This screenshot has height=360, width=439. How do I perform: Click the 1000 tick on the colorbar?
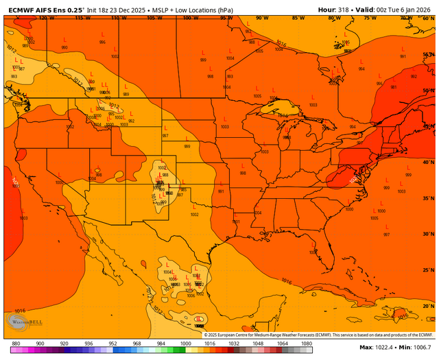(185, 343)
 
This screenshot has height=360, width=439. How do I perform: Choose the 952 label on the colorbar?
(112, 343)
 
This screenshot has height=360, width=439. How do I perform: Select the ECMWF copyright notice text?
(319, 335)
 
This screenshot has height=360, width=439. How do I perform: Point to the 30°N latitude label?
(429, 234)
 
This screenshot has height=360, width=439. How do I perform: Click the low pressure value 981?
(394, 87)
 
